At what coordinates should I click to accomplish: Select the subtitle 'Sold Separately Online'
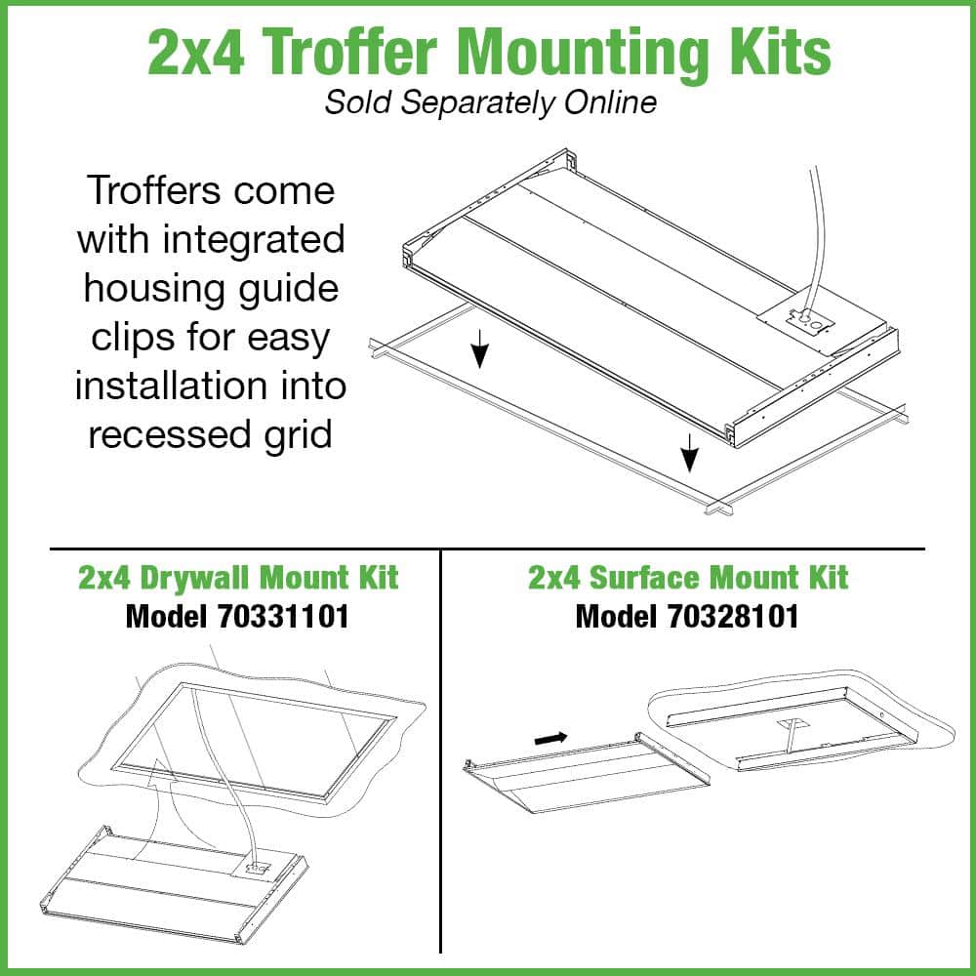[491, 102]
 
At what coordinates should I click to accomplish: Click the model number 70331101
[283, 617]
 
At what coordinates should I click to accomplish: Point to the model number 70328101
[733, 617]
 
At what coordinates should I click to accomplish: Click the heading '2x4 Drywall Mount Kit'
[238, 578]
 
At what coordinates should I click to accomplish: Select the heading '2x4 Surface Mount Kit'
[688, 578]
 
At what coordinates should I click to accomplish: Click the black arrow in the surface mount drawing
[550, 738]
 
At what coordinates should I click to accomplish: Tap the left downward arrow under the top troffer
[479, 348]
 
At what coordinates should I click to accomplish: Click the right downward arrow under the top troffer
[689, 453]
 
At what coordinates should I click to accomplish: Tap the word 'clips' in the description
[133, 338]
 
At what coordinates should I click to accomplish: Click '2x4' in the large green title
[196, 53]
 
